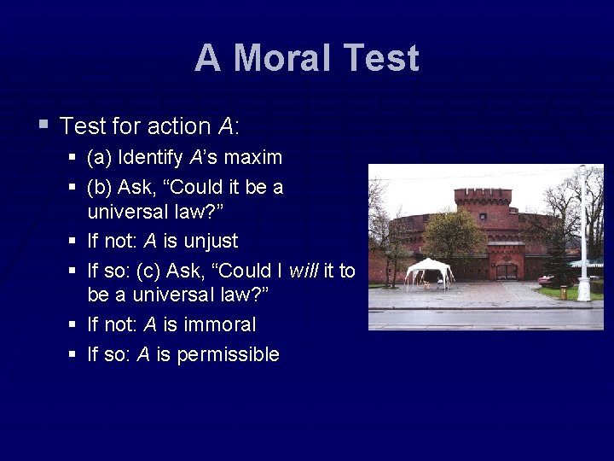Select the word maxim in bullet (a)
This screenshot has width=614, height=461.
tap(252, 158)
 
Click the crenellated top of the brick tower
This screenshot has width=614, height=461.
tap(483, 193)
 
